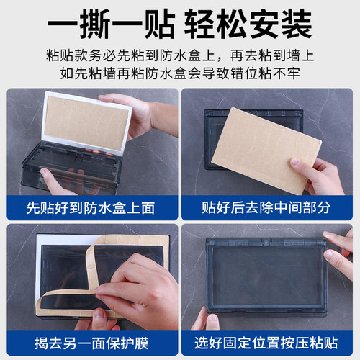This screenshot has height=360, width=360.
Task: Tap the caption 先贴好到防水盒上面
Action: coord(91,208)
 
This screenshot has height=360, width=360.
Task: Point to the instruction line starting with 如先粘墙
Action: coord(180,74)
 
